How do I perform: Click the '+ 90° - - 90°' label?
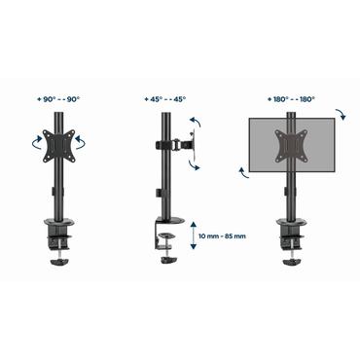(60, 99)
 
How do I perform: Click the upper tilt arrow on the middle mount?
(195, 121)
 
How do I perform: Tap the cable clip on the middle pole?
(156, 194)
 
